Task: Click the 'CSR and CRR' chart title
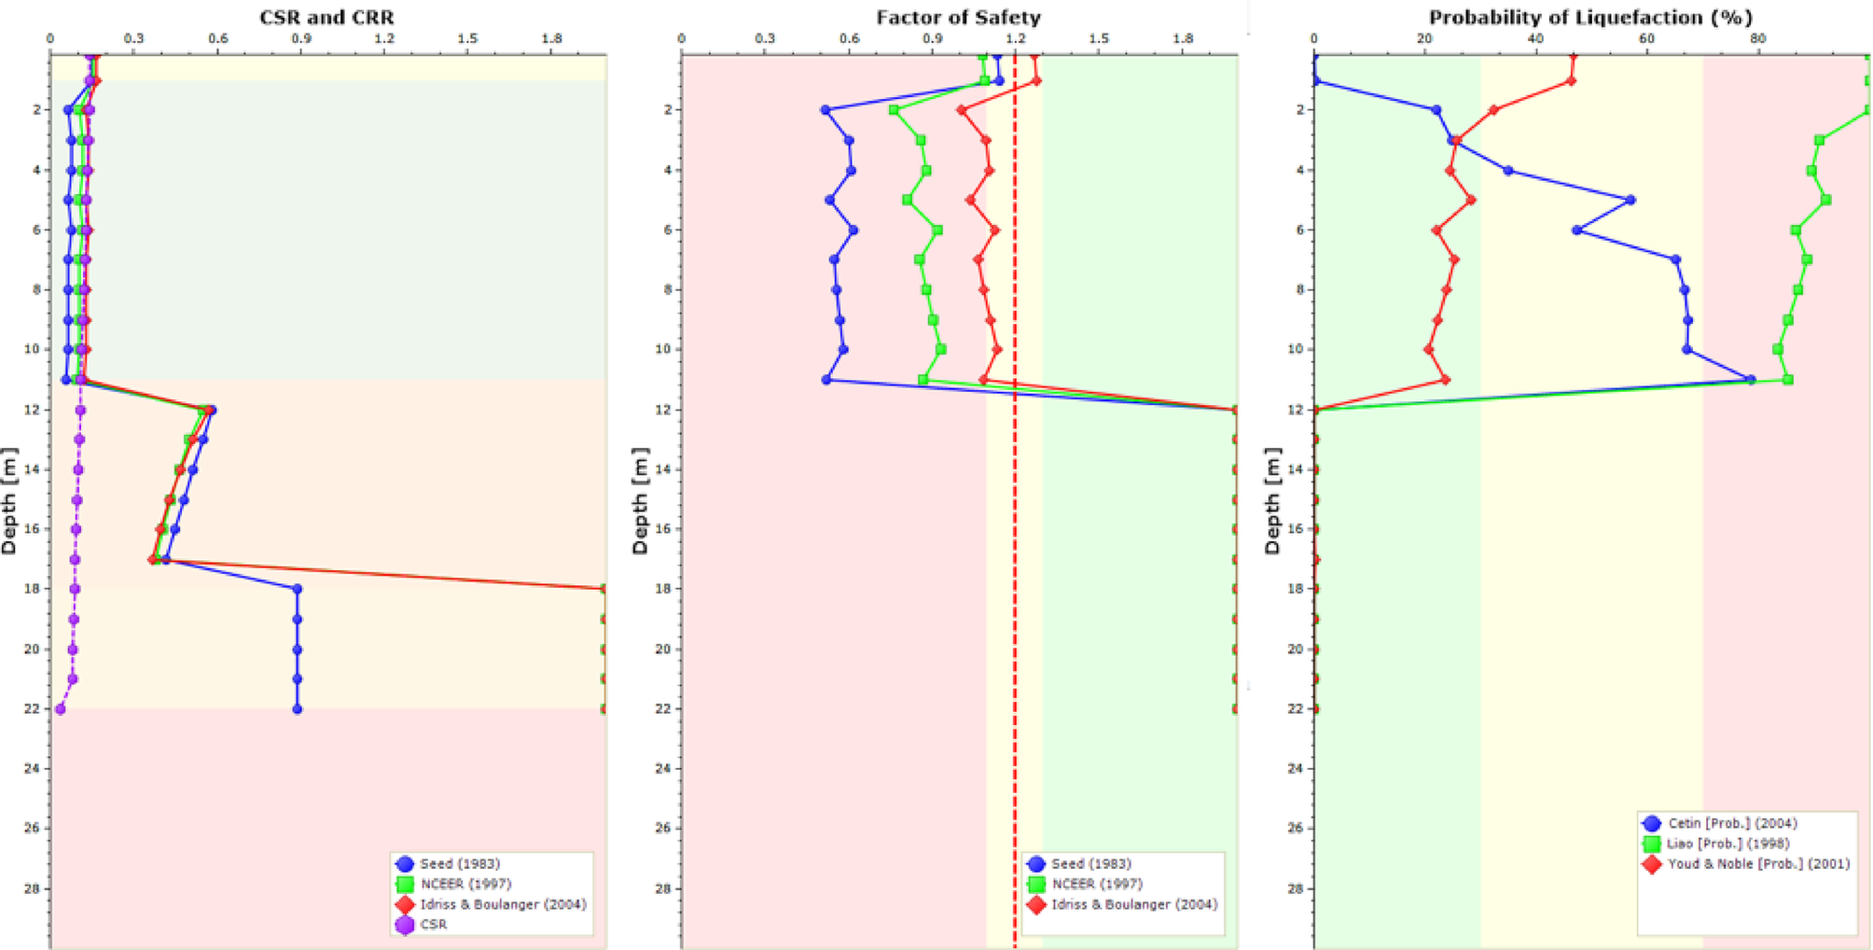pos(326,17)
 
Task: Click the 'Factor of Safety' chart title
pos(958,17)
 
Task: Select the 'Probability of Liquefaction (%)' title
pos(1590,17)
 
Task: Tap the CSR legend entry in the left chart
pos(433,924)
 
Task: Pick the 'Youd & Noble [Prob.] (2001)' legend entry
pos(1757,863)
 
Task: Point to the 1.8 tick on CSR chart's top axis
pos(551,38)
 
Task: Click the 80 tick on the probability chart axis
pos(1758,38)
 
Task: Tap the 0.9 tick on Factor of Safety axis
pos(932,38)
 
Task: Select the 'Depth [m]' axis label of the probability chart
pos(1273,500)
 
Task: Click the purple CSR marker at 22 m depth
pos(61,709)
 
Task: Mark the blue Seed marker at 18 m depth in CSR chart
pos(298,589)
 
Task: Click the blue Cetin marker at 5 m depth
pos(1630,200)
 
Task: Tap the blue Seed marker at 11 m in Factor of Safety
pos(826,380)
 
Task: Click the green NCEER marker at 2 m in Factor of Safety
pos(894,110)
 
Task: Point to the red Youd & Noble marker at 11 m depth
pos(1445,380)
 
